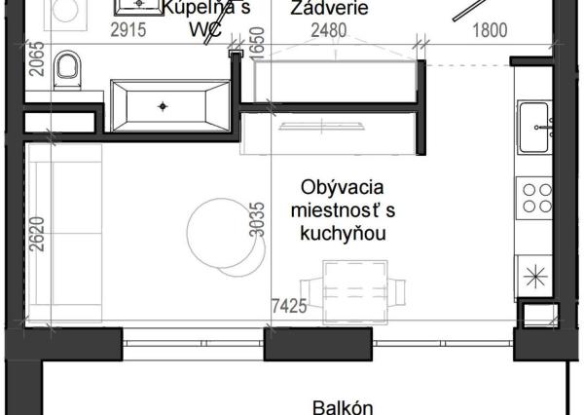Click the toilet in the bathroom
pos(67,69)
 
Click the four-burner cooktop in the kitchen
pos(536,196)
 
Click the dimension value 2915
pos(128,30)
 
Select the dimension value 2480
pos(328,30)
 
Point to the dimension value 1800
pos(490,30)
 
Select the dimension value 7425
pos(288,306)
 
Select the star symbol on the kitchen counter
pos(535,274)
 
